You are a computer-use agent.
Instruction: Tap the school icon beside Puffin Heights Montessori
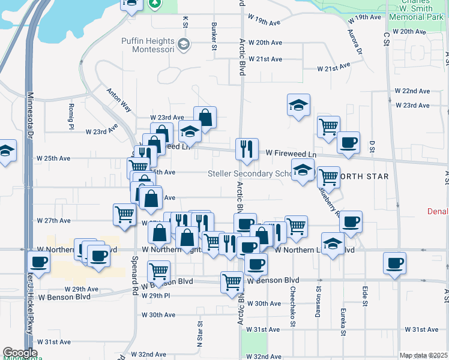(x=184, y=44)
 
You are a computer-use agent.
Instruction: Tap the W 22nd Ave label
(x=412, y=91)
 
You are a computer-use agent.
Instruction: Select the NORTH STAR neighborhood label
(x=363, y=176)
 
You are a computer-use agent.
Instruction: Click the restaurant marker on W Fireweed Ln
(x=247, y=149)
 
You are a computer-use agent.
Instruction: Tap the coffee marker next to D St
(x=348, y=143)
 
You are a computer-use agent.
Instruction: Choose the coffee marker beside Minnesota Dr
(x=39, y=262)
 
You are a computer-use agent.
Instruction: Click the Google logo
(x=20, y=353)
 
